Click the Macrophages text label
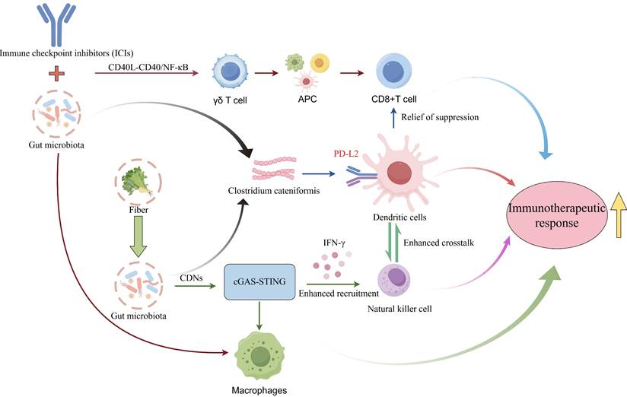click(x=260, y=389)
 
